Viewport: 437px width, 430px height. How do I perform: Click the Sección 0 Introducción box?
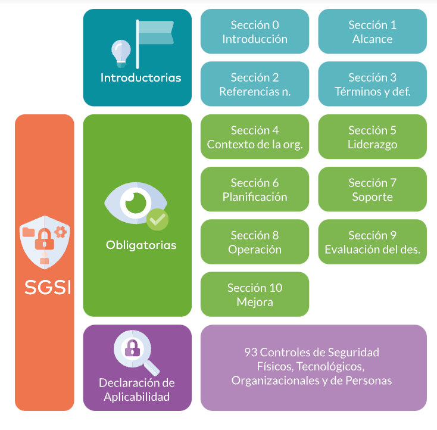point(255,32)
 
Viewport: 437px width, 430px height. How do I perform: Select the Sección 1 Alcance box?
point(372,32)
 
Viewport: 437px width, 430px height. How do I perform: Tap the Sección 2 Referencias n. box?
point(255,85)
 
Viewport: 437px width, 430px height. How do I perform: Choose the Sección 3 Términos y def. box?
point(372,85)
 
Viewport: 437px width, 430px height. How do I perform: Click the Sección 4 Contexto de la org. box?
point(255,137)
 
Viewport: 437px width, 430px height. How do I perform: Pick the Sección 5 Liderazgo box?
point(372,137)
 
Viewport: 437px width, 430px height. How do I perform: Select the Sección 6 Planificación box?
point(255,189)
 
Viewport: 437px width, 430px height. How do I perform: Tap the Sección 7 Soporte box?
point(372,189)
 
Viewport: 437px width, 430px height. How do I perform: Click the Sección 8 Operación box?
point(255,242)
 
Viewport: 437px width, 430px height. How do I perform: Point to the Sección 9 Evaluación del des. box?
point(372,242)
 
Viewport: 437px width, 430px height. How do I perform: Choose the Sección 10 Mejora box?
point(255,294)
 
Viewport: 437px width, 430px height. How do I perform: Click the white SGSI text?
point(48,287)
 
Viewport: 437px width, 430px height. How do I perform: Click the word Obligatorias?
point(141,245)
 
